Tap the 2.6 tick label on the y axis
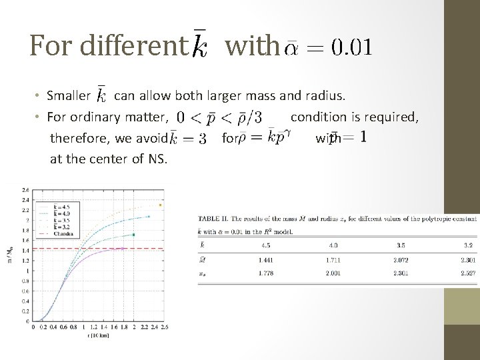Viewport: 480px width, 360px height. coord(25,189)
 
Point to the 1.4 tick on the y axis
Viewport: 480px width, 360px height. coord(25,250)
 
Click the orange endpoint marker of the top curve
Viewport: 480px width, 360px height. coord(159,204)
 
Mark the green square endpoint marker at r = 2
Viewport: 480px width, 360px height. coord(134,235)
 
